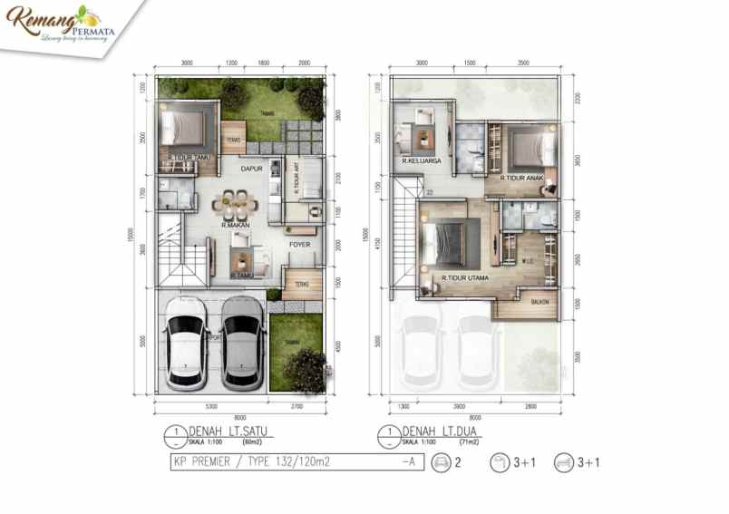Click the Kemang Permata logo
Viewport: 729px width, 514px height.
pos(55,24)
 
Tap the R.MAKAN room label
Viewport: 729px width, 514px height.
pos(236,225)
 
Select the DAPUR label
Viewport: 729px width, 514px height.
pos(251,169)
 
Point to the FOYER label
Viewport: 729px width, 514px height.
pos(300,244)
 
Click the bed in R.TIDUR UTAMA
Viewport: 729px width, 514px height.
pos(444,244)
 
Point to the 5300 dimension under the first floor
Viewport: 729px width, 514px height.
pos(210,406)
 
